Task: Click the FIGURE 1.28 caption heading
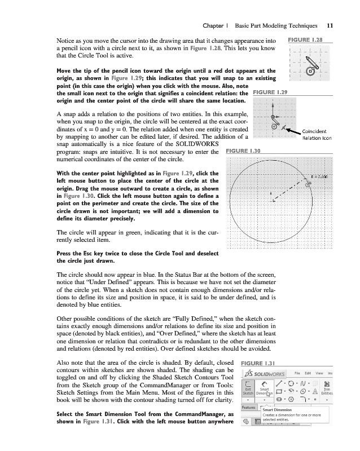[x=305, y=41]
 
